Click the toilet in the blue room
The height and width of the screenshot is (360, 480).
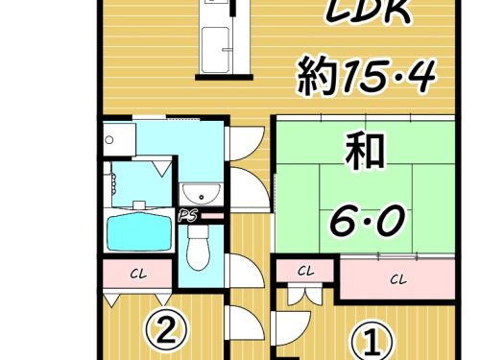[198, 247]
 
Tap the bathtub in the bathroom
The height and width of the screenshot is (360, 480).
[138, 231]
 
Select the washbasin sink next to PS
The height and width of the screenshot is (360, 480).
[202, 194]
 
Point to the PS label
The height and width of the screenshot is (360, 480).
[187, 216]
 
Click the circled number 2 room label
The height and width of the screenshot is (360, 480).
[167, 328]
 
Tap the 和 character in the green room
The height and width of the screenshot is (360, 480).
[365, 151]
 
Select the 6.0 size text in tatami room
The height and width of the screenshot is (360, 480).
[368, 220]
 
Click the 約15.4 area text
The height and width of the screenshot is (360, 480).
[366, 76]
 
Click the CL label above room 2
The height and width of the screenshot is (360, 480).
[138, 274]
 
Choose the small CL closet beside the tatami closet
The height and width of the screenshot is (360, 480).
[305, 272]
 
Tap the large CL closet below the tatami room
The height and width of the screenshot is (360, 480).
[397, 279]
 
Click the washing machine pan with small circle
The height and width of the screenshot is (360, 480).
[118, 140]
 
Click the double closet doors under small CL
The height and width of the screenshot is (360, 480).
[300, 295]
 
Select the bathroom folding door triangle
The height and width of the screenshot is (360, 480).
[162, 168]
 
